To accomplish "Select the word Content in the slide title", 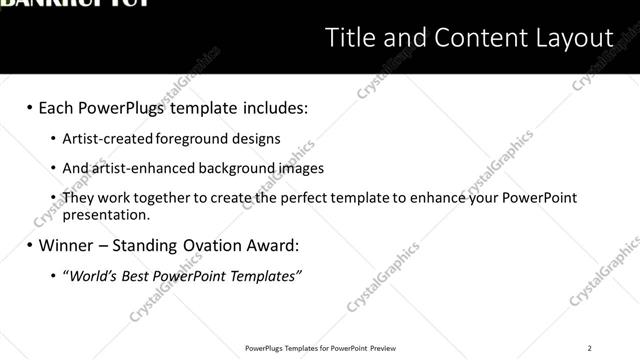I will point(472,39).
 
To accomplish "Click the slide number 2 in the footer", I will point(590,348).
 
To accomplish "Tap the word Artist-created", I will point(104,139).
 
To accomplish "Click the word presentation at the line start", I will point(105,214).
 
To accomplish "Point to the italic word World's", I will point(93,275).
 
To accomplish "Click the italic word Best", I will point(139,275).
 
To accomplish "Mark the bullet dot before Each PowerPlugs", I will point(30,107).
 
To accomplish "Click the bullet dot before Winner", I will point(30,245).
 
